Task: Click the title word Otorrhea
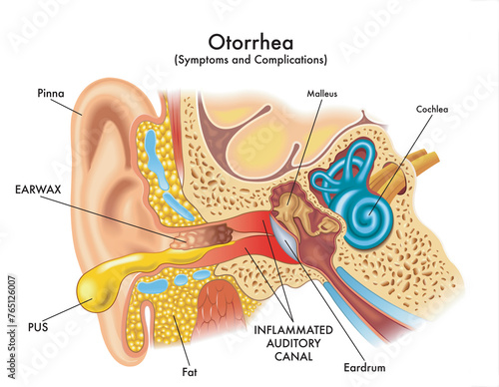[249, 42]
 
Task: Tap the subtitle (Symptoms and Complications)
[249, 61]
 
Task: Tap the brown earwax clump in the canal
[204, 236]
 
